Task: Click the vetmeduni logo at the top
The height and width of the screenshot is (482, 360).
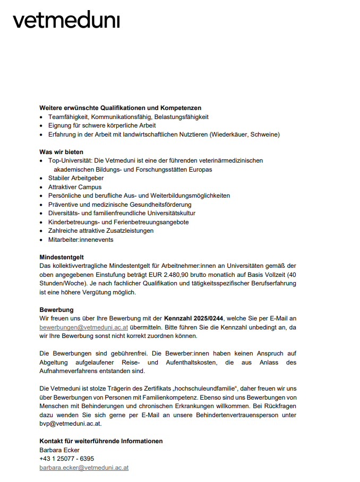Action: click(66, 21)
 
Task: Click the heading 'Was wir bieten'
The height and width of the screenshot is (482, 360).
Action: click(61, 151)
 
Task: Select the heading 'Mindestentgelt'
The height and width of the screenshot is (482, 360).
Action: click(62, 257)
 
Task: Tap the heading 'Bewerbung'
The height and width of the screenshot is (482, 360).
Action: click(56, 310)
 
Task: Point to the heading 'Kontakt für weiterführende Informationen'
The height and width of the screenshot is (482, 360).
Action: click(101, 441)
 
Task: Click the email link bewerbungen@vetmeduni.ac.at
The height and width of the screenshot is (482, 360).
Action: click(83, 327)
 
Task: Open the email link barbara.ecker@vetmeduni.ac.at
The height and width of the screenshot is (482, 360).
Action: click(84, 468)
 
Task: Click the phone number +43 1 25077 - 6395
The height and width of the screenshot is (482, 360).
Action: click(66, 459)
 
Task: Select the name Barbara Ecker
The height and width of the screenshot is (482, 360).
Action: click(59, 450)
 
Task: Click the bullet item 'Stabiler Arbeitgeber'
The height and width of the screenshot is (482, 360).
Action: click(76, 178)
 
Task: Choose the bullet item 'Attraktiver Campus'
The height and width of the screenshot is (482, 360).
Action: click(75, 187)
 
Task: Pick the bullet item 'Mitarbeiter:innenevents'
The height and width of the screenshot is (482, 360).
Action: click(81, 240)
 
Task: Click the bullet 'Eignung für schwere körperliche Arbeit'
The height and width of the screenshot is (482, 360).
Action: click(102, 125)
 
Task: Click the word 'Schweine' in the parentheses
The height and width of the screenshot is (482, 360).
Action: click(263, 134)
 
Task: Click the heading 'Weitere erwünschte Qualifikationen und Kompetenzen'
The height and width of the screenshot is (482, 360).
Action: click(120, 108)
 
